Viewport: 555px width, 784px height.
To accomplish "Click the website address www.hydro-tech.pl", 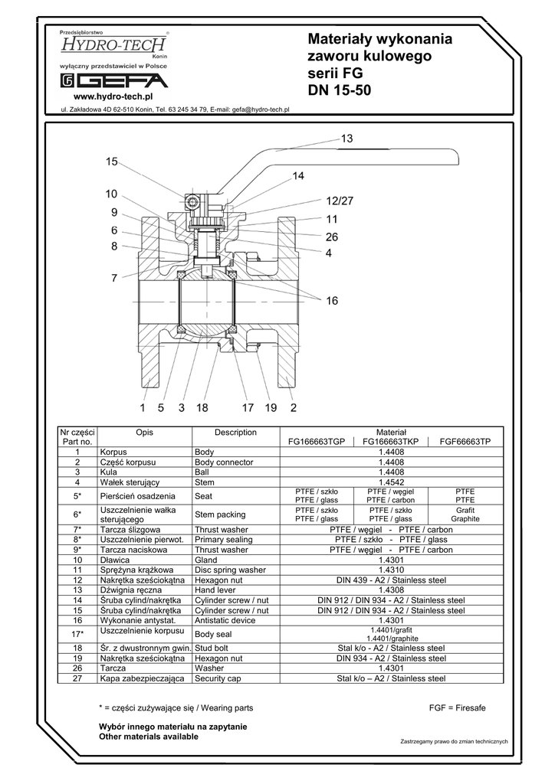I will pyautogui.click(x=113, y=97).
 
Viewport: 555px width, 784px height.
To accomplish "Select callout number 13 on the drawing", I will pyautogui.click(x=346, y=139).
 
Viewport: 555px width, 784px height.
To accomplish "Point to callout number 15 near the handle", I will pyautogui.click(x=113, y=162).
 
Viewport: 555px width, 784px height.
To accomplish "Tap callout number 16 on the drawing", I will pyautogui.click(x=331, y=302).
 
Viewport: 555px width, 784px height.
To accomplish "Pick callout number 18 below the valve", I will pyautogui.click(x=202, y=408).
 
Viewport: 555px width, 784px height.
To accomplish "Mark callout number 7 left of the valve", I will pyautogui.click(x=114, y=279).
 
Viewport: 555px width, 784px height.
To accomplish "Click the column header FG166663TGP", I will pyautogui.click(x=317, y=442).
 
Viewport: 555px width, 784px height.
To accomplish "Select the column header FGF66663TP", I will pyautogui.click(x=465, y=442).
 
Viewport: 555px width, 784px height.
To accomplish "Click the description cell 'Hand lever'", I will pyautogui.click(x=215, y=590).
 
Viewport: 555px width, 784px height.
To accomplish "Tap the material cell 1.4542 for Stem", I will pyautogui.click(x=391, y=482).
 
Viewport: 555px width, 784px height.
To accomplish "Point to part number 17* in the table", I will pyautogui.click(x=77, y=634).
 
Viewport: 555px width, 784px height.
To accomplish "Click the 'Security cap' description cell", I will pyautogui.click(x=218, y=678).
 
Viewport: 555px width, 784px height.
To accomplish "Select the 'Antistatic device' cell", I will pyautogui.click(x=225, y=620).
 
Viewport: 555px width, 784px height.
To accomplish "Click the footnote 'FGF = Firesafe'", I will pyautogui.click(x=458, y=708).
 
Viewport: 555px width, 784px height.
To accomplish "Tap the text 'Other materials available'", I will pyautogui.click(x=149, y=737).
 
